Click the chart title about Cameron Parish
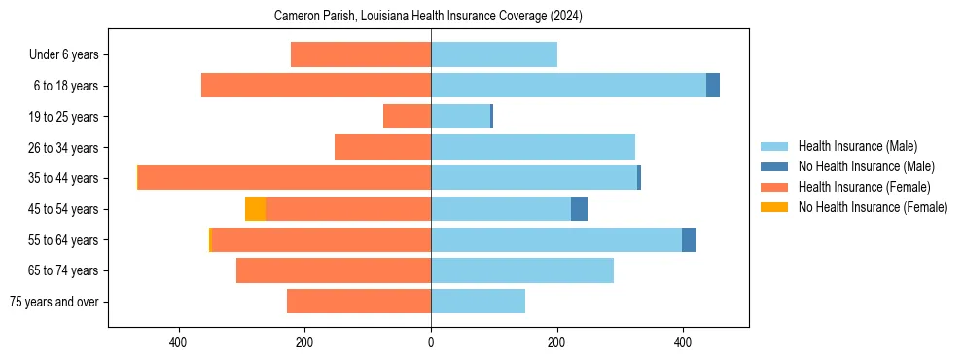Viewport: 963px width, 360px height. click(x=429, y=17)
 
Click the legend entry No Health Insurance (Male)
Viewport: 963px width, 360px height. click(x=866, y=166)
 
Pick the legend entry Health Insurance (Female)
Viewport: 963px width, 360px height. click(x=864, y=187)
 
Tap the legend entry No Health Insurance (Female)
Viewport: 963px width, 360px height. click(x=873, y=207)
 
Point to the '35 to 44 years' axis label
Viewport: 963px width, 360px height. click(x=63, y=178)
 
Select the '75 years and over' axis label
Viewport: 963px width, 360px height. click(x=54, y=302)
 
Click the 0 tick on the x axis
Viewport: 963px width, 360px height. click(x=431, y=342)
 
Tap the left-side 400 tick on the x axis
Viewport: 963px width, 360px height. click(x=178, y=342)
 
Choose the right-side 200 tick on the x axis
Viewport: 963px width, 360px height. click(x=557, y=342)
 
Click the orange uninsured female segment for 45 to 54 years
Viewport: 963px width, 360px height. click(x=255, y=209)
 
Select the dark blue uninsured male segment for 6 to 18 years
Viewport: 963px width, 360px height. click(x=713, y=86)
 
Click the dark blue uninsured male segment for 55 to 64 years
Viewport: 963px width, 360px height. click(x=689, y=239)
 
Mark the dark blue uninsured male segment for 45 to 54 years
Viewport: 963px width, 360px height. click(x=579, y=209)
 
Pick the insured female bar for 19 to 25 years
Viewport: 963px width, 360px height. click(x=407, y=117)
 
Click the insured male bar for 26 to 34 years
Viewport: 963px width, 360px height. click(x=533, y=147)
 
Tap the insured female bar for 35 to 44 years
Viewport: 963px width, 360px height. click(x=284, y=178)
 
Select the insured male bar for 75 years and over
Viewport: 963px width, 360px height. click(x=478, y=302)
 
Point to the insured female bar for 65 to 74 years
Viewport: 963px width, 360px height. click(x=334, y=270)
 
